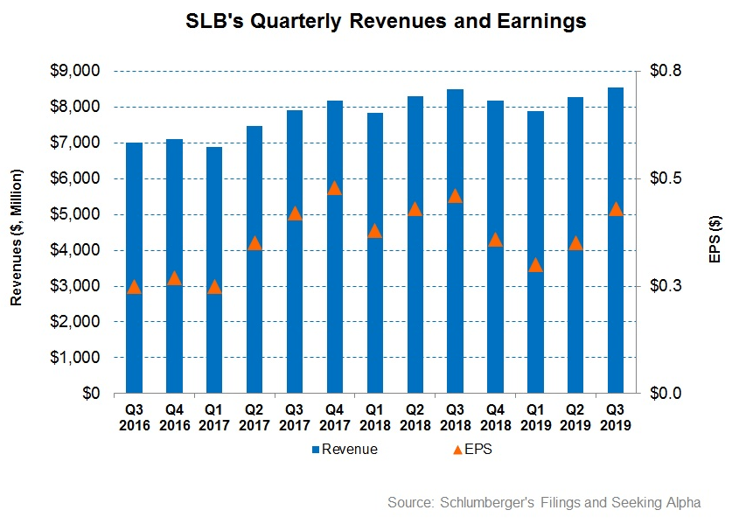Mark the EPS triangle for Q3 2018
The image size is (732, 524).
[455, 196]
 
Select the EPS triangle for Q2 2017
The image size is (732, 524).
[254, 243]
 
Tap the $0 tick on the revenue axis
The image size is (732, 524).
[90, 394]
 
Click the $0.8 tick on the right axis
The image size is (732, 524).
[661, 71]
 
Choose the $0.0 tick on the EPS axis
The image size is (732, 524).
[661, 394]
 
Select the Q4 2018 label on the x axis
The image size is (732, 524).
[495, 417]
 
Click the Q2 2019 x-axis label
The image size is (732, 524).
[575, 417]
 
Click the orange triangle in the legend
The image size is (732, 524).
[458, 450]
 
